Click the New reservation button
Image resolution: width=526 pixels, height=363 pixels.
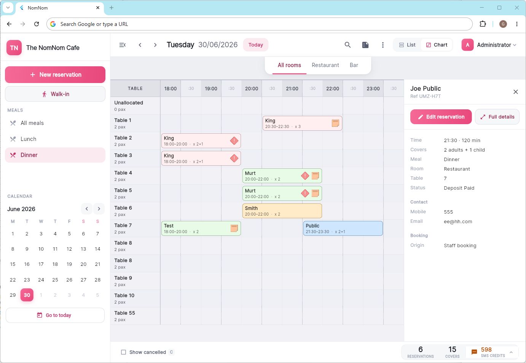tap(55, 75)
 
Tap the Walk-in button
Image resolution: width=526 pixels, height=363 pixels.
tap(55, 94)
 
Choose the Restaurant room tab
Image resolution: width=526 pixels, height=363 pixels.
tap(325, 65)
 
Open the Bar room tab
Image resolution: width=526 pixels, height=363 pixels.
tap(354, 65)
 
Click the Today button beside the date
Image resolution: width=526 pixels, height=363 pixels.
tap(255, 45)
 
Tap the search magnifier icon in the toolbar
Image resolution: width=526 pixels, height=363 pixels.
tap(347, 45)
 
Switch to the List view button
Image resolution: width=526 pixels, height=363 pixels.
tap(407, 45)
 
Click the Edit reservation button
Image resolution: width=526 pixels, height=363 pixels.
tap(441, 117)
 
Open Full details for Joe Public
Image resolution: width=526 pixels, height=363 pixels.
tap(497, 117)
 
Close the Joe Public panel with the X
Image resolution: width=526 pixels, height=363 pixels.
tap(515, 92)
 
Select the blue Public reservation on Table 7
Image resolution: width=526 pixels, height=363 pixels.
tap(343, 229)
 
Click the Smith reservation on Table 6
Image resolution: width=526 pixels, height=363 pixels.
tap(282, 211)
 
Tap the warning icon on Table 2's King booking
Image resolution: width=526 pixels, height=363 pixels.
tap(234, 141)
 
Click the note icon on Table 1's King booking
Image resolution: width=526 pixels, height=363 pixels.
tap(335, 123)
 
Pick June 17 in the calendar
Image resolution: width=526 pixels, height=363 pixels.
tap(41, 264)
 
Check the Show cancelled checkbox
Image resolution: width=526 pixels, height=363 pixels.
tap(124, 352)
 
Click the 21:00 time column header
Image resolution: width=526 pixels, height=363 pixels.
tap(292, 89)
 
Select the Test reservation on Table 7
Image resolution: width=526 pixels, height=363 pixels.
tap(201, 229)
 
